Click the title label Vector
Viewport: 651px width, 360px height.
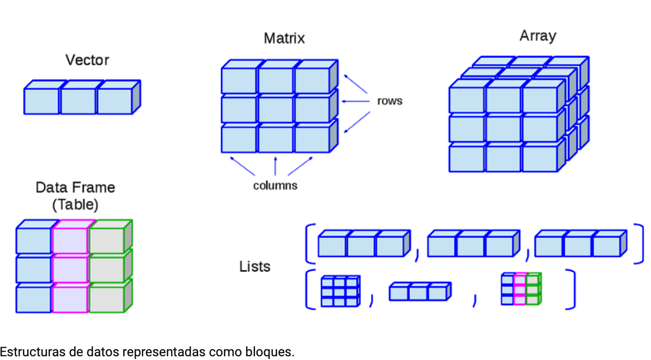pos(87,60)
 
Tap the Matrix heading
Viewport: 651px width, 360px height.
pos(284,38)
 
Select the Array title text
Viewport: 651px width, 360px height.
pos(538,36)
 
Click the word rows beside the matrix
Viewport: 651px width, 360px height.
pos(389,101)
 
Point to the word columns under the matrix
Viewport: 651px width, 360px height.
pos(275,186)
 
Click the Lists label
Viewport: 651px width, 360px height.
pos(255,266)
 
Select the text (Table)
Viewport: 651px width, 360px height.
pos(75,204)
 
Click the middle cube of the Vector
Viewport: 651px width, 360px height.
pos(78,101)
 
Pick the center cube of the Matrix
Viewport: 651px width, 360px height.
pos(275,109)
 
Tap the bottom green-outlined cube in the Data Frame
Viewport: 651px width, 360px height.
pos(107,299)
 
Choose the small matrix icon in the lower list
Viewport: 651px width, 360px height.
pos(340,291)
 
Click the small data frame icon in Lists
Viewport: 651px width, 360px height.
pos(521,289)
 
